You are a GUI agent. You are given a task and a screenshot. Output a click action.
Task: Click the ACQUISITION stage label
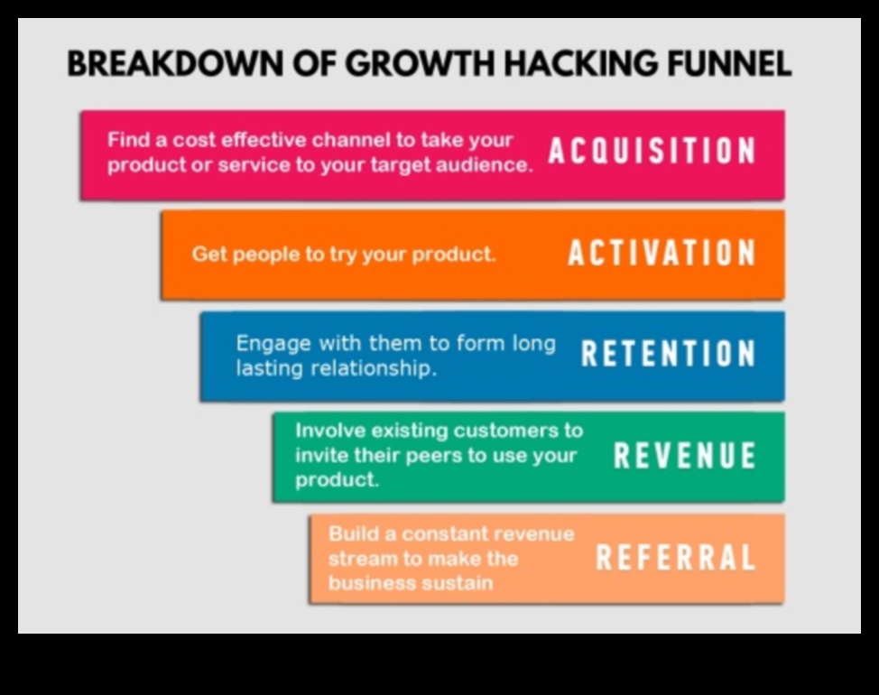click(652, 152)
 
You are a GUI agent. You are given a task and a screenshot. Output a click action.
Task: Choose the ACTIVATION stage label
click(662, 254)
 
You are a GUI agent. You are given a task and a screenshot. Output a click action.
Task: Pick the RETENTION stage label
click(669, 354)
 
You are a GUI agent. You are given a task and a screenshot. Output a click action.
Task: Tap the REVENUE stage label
click(685, 456)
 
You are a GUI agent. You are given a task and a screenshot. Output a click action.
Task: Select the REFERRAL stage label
click(676, 558)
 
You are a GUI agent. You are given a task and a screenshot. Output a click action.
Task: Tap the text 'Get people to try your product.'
click(344, 254)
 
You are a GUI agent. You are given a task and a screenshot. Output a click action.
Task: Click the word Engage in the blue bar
click(273, 343)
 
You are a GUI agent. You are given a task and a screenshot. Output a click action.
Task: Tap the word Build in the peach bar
click(352, 533)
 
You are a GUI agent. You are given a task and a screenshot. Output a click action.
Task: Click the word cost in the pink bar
click(194, 140)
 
